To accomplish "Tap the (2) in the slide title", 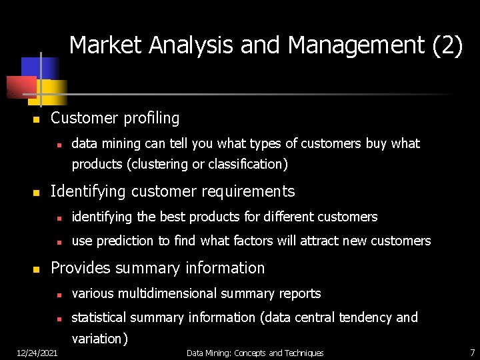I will [x=447, y=45].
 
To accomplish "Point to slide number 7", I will [x=472, y=351].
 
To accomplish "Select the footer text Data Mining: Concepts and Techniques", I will [x=255, y=353].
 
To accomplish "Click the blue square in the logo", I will [x=39, y=67].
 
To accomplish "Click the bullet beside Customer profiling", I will [x=37, y=120].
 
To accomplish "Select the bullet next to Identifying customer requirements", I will [x=37, y=193].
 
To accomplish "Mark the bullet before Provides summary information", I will [x=37, y=270].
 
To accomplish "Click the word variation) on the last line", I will [x=99, y=339].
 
